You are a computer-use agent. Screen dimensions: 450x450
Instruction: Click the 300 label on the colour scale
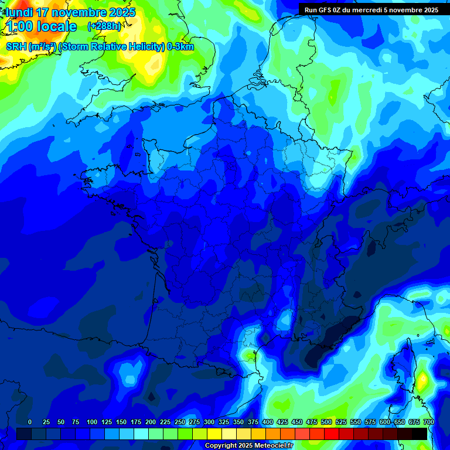tap(209, 422)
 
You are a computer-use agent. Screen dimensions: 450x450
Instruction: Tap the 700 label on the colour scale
tap(429, 422)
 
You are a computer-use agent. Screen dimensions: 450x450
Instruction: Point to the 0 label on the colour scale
tap(30, 422)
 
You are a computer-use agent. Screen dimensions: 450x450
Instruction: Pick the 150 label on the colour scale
tap(121, 422)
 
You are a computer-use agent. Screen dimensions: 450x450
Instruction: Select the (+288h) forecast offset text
tap(104, 26)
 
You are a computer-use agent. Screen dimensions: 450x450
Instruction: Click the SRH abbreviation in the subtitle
tap(16, 47)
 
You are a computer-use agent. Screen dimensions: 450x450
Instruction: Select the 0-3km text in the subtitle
tap(180, 47)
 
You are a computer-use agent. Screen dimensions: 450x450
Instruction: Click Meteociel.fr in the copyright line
tap(274, 446)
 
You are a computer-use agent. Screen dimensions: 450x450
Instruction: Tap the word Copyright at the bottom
tap(221, 446)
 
